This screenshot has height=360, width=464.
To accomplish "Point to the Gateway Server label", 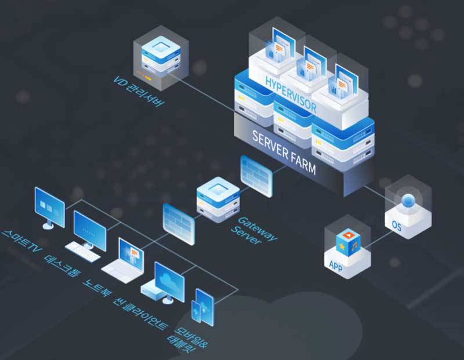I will pyautogui.click(x=253, y=229).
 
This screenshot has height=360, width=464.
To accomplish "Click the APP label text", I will pyautogui.click(x=336, y=266).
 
